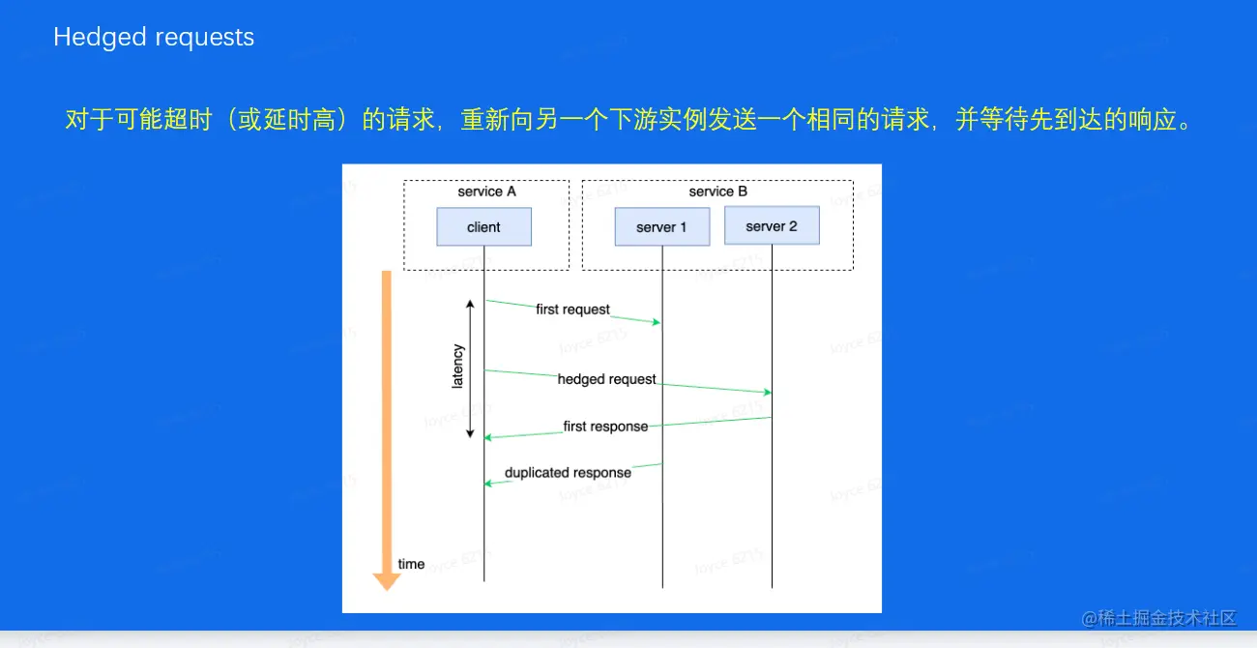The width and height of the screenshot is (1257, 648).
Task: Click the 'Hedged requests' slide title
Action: [x=154, y=38]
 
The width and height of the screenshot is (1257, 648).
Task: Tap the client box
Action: [x=483, y=227]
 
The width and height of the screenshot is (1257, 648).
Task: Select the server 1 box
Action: [x=661, y=227]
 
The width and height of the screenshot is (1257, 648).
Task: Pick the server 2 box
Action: [x=772, y=226]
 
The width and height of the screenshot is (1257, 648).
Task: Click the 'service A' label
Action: [x=486, y=191]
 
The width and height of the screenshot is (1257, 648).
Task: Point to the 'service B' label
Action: [x=717, y=191]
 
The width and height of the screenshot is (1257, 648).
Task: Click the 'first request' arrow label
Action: [x=572, y=309]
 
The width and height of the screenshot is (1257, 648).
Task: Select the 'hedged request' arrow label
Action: [x=606, y=379]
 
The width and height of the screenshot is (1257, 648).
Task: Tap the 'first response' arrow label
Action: [x=605, y=426]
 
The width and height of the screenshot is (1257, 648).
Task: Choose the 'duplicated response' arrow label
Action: [x=568, y=473]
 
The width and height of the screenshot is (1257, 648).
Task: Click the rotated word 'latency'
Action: [x=458, y=367]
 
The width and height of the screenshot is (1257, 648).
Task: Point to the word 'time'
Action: [x=411, y=564]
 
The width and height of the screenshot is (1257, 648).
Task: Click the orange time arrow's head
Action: [x=387, y=580]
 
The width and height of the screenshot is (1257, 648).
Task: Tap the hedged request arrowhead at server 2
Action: [x=768, y=392]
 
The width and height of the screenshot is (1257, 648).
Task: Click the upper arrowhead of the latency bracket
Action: [x=471, y=304]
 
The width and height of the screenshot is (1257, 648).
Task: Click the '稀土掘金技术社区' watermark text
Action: [x=1168, y=618]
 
